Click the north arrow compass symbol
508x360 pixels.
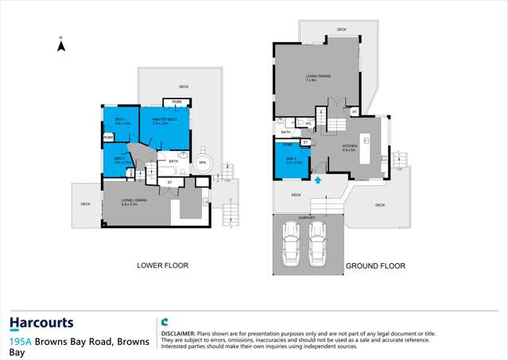coord(61,45)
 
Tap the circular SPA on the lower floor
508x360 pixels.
coord(202,162)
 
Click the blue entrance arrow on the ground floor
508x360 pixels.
coord(319,181)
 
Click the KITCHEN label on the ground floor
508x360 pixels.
coord(350,147)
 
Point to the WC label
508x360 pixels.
coord(308,124)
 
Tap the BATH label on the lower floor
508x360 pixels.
coord(173,161)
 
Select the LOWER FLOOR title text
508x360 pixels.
coord(162,265)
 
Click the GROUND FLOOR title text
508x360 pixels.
coord(375,266)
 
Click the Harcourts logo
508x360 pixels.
coord(41,323)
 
